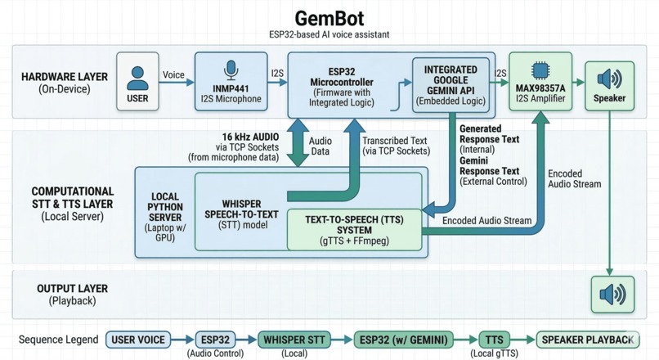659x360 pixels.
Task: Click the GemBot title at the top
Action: tap(329, 17)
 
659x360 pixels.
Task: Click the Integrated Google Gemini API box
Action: tap(451, 86)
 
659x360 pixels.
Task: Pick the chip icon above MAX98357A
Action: tap(540, 70)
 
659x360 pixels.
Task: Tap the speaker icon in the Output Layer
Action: tap(612, 294)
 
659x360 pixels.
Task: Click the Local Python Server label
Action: tap(165, 209)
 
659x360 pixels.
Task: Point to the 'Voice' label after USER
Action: tap(173, 75)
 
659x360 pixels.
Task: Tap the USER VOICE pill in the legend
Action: tap(137, 340)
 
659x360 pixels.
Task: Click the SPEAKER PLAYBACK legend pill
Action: tap(587, 340)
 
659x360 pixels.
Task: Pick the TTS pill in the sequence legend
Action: tap(494, 340)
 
